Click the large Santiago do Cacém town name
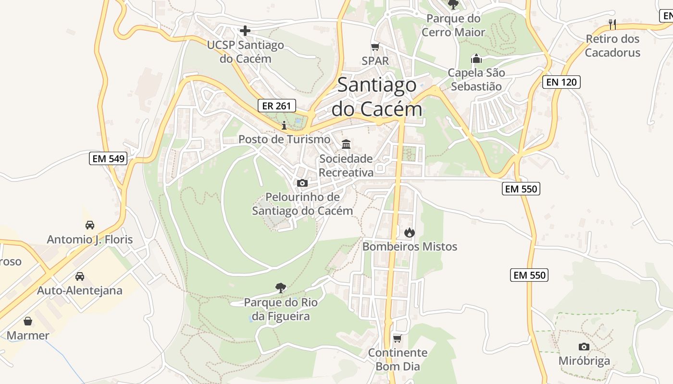pyautogui.click(x=377, y=97)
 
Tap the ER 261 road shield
pyautogui.click(x=276, y=106)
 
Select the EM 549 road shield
pyautogui.click(x=108, y=158)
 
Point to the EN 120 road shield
pyautogui.click(x=561, y=82)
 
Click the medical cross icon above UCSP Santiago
pyautogui.click(x=245, y=31)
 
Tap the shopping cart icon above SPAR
pyautogui.click(x=375, y=47)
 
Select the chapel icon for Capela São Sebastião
pyautogui.click(x=476, y=59)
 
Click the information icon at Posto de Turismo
pyautogui.click(x=284, y=126)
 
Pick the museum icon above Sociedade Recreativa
pyautogui.click(x=346, y=144)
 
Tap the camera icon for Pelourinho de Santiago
pyautogui.click(x=302, y=183)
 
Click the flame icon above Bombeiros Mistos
pyautogui.click(x=409, y=233)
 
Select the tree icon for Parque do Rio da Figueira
pyautogui.click(x=281, y=288)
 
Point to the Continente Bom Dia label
pyautogui.click(x=398, y=360)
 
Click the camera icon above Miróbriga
pyautogui.click(x=584, y=347)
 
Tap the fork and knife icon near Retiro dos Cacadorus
pyautogui.click(x=612, y=24)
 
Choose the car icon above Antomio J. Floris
pyautogui.click(x=89, y=225)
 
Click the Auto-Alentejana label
pyautogui.click(x=80, y=290)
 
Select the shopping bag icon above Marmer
pyautogui.click(x=28, y=321)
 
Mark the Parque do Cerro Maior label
pyautogui.click(x=453, y=25)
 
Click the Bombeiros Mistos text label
pyautogui.click(x=410, y=247)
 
